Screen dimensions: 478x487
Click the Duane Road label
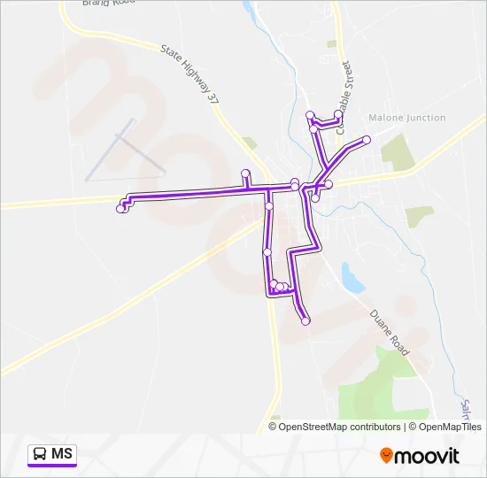click(390, 333)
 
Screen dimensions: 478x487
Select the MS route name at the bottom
click(62, 454)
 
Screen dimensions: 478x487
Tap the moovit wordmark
click(428, 456)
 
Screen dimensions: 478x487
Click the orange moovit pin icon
click(386, 455)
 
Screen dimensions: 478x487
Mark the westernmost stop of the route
click(120, 209)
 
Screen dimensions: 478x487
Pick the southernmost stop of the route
click(305, 321)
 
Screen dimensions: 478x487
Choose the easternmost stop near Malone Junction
click(367, 140)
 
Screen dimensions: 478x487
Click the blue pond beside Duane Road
click(352, 278)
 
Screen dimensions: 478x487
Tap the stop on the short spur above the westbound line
click(245, 172)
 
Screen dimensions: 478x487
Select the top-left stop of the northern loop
click(310, 113)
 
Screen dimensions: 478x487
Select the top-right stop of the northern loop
click(338, 113)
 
